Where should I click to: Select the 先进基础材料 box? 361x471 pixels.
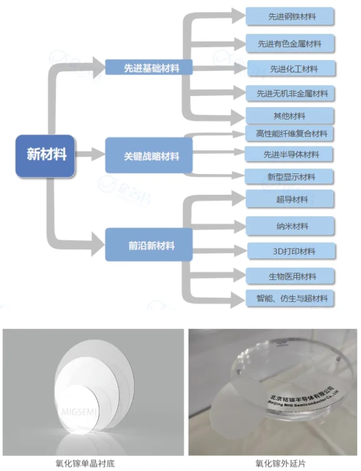[149, 68]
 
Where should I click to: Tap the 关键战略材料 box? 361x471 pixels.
[149, 157]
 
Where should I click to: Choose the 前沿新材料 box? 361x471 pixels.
[149, 245]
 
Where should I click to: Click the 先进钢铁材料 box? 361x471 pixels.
[291, 16]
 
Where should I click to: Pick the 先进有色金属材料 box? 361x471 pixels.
[291, 43]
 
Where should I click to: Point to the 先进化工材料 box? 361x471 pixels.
[291, 68]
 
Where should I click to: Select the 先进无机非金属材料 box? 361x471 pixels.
[291, 94]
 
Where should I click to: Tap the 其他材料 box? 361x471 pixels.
[291, 116]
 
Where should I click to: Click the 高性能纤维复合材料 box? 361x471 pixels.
[291, 134]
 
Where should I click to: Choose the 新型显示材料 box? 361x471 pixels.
[291, 177]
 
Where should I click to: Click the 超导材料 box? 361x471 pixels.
[291, 199]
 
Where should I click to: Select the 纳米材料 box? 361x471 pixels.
[291, 226]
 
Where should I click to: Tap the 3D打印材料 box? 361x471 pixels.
[291, 251]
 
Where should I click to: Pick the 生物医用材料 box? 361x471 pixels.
[291, 276]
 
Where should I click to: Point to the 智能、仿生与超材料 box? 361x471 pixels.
[291, 298]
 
